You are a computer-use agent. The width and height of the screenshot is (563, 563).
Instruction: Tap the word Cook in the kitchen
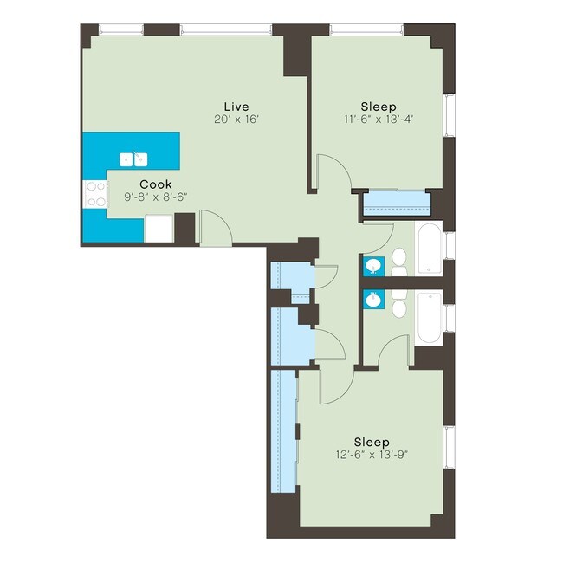[156, 184]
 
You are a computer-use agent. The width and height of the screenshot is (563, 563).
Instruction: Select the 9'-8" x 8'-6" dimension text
[156, 197]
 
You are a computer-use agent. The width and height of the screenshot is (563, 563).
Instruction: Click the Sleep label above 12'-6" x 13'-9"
[371, 442]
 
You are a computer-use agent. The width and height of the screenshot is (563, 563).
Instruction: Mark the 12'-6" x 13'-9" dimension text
[371, 455]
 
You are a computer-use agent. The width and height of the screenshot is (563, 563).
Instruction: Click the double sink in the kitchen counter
[133, 159]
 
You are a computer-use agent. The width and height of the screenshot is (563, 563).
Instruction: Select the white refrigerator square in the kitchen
[159, 227]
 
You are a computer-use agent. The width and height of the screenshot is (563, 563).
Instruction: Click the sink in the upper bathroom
[373, 266]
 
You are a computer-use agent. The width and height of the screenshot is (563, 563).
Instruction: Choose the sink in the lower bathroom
[373, 300]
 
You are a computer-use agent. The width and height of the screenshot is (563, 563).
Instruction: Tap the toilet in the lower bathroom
[399, 306]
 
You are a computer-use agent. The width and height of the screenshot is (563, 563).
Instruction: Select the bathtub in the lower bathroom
[429, 319]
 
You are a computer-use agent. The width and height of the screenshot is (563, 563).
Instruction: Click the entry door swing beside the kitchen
[212, 228]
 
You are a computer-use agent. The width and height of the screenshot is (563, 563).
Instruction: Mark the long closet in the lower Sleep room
[282, 430]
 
